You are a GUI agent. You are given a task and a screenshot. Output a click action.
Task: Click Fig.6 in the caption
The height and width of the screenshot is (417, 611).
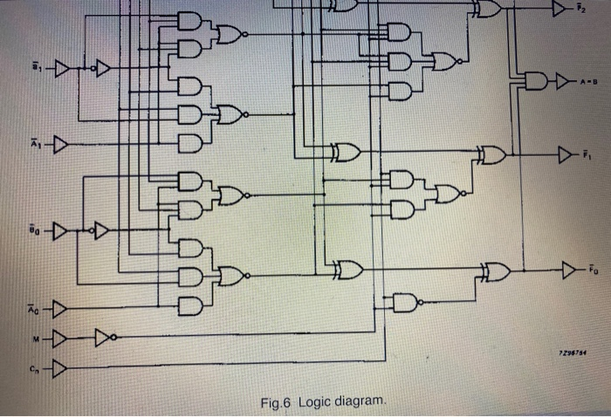pos(277,401)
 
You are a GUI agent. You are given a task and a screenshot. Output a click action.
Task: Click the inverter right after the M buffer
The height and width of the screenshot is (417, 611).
pos(106,337)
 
